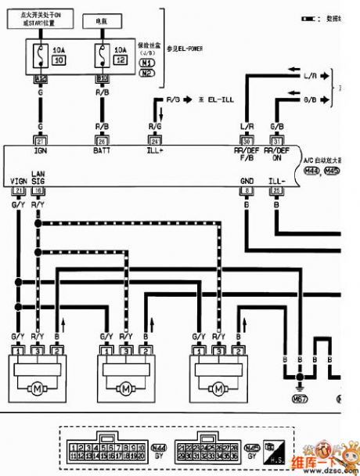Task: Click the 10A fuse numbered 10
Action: pyautogui.click(x=39, y=56)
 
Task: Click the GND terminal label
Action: pyautogui.click(x=247, y=181)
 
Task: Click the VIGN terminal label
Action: pyautogui.click(x=18, y=181)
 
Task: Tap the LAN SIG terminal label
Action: pyautogui.click(x=38, y=177)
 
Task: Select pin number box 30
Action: pyautogui.click(x=247, y=140)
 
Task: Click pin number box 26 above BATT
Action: pyautogui.click(x=102, y=140)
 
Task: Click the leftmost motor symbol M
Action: pyautogui.click(x=36, y=387)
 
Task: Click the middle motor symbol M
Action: pyautogui.click(x=125, y=387)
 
